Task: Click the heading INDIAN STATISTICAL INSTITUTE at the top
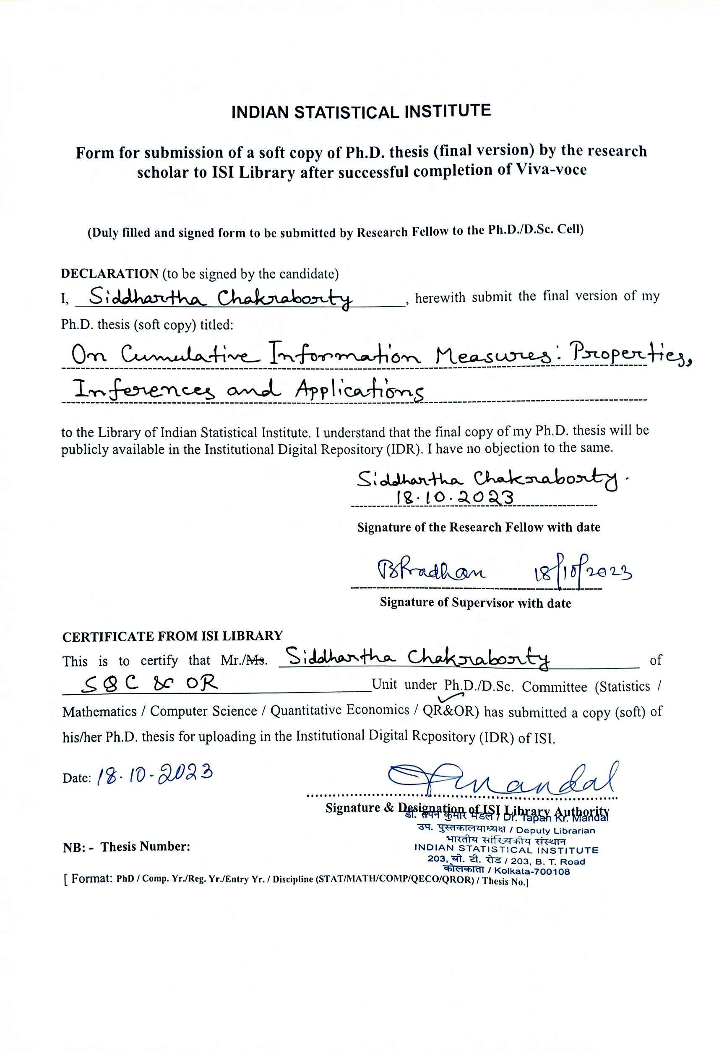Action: click(361, 112)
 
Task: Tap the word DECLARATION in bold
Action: click(109, 274)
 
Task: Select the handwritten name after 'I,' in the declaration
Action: click(220, 298)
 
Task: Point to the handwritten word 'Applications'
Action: click(359, 391)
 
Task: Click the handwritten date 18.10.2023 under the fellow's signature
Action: click(455, 498)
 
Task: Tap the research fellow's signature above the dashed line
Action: click(487, 479)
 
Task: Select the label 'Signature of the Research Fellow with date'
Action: click(479, 527)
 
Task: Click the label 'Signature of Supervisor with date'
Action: click(475, 603)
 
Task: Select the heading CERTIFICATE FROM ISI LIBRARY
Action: click(172, 636)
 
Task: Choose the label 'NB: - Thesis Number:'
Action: click(127, 847)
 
